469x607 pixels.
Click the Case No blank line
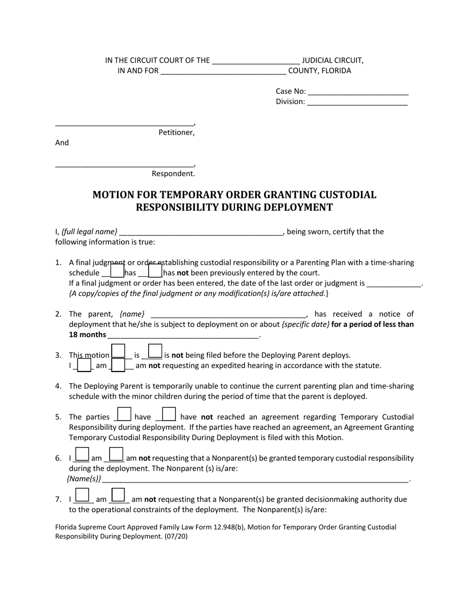coord(358,92)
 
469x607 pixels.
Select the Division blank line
coord(357,102)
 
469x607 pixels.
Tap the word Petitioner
coord(176,132)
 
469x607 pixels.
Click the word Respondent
coord(173,173)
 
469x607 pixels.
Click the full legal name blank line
coord(200,232)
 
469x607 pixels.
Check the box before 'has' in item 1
coord(117,271)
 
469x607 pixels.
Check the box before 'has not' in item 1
coord(155,271)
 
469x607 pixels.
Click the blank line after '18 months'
coord(183,335)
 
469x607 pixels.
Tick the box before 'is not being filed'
coord(155,351)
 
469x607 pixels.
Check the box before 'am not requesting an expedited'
coord(118,365)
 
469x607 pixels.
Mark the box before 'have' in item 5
coord(124,414)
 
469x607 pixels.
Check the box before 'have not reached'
coord(169,414)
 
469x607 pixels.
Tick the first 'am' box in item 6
coord(82,454)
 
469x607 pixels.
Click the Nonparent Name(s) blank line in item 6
coord(256,479)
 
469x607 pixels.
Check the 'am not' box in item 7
coord(118,495)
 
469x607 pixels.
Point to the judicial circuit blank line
coord(255,61)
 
